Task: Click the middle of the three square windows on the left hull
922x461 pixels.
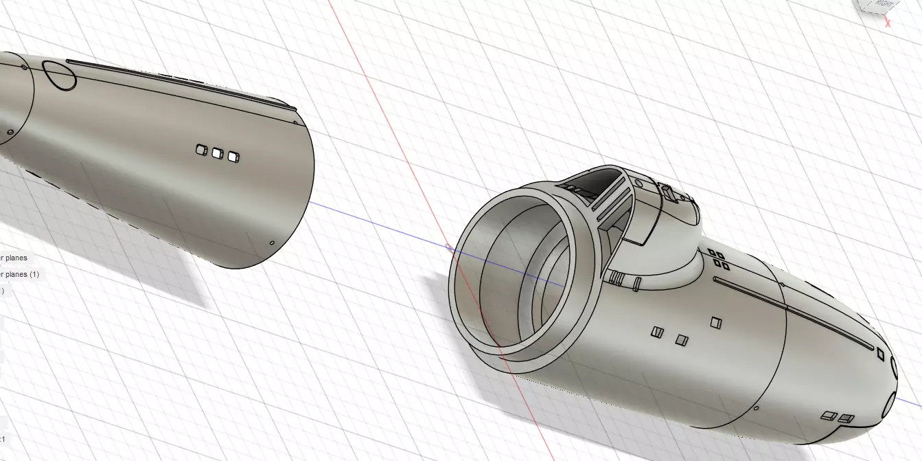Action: click(218, 153)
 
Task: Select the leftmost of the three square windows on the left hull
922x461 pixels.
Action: click(202, 150)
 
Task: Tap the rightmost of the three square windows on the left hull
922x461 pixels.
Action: click(233, 157)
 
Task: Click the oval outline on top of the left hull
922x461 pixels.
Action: click(60, 76)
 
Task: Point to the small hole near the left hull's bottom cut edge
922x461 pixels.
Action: click(272, 243)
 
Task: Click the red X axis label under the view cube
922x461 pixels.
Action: click(888, 23)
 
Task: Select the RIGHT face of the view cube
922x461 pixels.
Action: click(888, 4)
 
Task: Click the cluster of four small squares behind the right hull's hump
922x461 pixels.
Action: click(719, 260)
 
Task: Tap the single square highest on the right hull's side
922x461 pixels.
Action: click(716, 322)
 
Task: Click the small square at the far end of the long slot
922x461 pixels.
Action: click(880, 353)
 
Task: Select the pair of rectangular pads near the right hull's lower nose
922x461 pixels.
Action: click(837, 416)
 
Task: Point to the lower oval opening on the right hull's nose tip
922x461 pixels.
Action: click(890, 403)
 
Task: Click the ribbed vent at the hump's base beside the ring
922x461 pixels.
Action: click(615, 278)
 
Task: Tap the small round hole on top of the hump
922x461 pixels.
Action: click(638, 183)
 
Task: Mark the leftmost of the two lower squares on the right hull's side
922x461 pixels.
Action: click(657, 333)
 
